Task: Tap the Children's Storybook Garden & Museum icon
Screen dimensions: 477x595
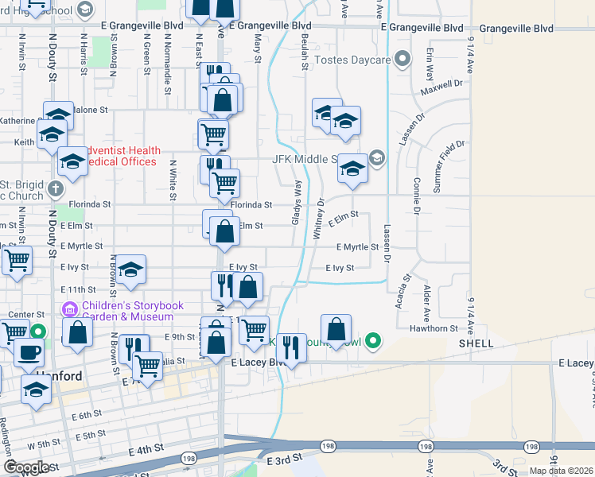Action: (68, 308)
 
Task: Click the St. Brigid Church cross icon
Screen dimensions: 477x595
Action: (54, 188)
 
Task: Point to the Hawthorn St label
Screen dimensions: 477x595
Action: (434, 328)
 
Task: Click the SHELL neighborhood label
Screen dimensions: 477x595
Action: (476, 343)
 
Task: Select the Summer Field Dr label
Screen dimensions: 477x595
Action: (448, 165)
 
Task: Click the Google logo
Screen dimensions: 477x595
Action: (26, 467)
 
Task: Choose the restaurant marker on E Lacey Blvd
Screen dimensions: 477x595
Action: (292, 348)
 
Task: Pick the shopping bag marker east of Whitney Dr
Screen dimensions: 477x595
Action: (336, 329)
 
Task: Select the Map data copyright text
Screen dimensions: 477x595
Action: (561, 471)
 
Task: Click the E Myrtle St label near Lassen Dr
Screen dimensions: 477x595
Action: (356, 247)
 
